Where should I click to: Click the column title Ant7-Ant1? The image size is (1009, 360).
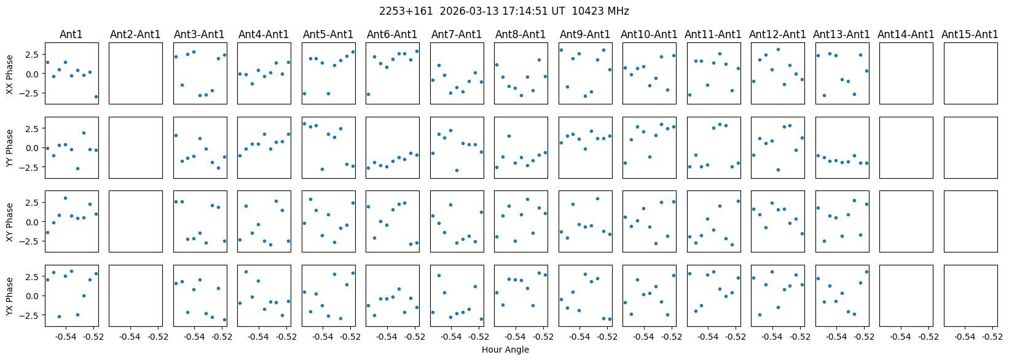[456, 34]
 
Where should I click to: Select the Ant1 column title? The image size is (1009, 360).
[71, 34]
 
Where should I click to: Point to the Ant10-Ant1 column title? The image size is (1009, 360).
[649, 34]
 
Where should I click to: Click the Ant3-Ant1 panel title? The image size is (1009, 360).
[199, 34]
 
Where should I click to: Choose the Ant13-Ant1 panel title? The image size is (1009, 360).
[841, 34]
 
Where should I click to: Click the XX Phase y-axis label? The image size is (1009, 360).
[9, 74]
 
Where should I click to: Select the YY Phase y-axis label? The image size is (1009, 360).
[9, 148]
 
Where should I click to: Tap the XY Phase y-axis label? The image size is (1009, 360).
[9, 222]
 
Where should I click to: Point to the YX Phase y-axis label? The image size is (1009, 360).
[9, 296]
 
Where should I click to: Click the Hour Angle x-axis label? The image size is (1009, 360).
[505, 350]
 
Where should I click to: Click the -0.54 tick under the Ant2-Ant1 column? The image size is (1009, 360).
[130, 337]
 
